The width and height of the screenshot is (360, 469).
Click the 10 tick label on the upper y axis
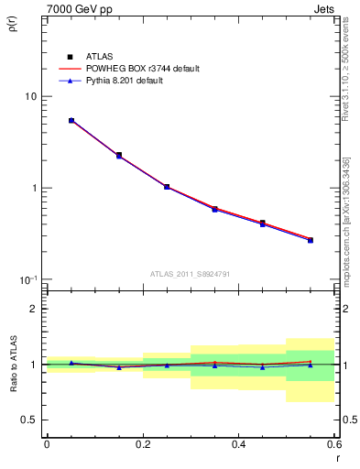pos(29,97)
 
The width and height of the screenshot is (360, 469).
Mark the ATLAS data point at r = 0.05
pos(71,120)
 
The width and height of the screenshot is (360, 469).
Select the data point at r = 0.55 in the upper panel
pos(310,240)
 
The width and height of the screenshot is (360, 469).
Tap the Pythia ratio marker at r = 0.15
pos(119,367)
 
